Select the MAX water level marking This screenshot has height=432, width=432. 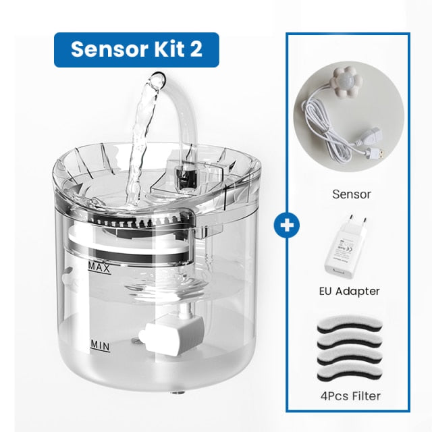(x=100, y=267)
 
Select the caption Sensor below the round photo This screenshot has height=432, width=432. (x=351, y=194)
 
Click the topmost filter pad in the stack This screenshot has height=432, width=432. (x=351, y=322)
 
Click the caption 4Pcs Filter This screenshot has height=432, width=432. (x=351, y=396)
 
